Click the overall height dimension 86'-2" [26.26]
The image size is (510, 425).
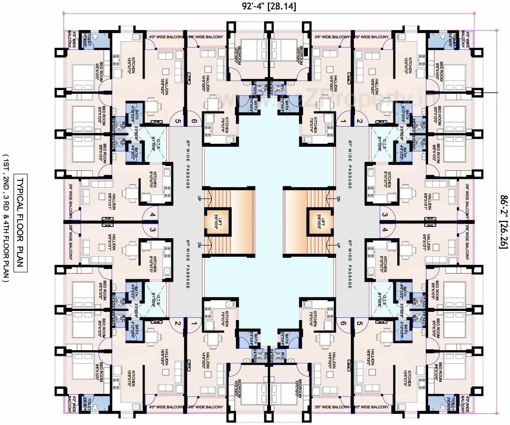[503, 221]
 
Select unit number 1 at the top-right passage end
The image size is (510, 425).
[344, 121]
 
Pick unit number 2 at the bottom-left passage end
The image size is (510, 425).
[177, 324]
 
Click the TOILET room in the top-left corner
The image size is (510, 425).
[86, 39]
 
